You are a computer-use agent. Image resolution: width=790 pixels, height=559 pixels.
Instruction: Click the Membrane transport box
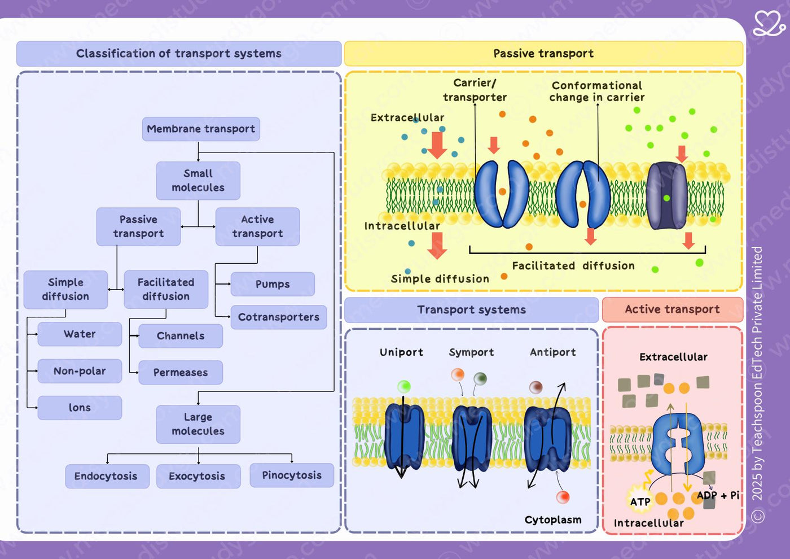[201, 129]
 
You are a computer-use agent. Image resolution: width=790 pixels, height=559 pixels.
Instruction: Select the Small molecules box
[198, 181]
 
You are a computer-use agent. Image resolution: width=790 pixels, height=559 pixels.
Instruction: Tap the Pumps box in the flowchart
[273, 284]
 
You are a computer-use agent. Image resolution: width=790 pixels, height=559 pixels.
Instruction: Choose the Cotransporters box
[279, 317]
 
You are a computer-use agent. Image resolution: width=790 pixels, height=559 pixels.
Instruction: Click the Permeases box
[181, 372]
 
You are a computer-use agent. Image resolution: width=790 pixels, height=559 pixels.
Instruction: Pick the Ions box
[80, 408]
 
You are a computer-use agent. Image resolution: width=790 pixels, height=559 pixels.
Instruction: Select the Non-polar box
[80, 372]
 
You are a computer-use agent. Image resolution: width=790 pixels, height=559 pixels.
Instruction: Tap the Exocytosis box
[198, 477]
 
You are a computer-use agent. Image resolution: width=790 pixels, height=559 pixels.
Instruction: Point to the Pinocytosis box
[292, 475]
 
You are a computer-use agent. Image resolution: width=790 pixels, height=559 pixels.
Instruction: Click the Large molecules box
[198, 425]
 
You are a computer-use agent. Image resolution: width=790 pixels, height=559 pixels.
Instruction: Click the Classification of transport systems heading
[179, 54]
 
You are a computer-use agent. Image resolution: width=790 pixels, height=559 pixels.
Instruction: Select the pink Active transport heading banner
[673, 309]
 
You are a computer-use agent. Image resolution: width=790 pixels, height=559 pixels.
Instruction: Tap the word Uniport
[401, 352]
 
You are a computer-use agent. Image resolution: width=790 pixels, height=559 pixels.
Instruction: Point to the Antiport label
[552, 352]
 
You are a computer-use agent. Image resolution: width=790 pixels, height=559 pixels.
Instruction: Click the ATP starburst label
[640, 501]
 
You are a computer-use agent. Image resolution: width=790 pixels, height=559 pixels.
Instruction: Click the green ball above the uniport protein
[404, 386]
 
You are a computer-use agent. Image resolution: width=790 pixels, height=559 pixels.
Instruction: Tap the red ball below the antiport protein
[563, 497]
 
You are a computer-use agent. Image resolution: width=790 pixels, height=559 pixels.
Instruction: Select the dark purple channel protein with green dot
[666, 196]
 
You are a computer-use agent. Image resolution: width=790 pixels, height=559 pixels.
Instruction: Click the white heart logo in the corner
[769, 23]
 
